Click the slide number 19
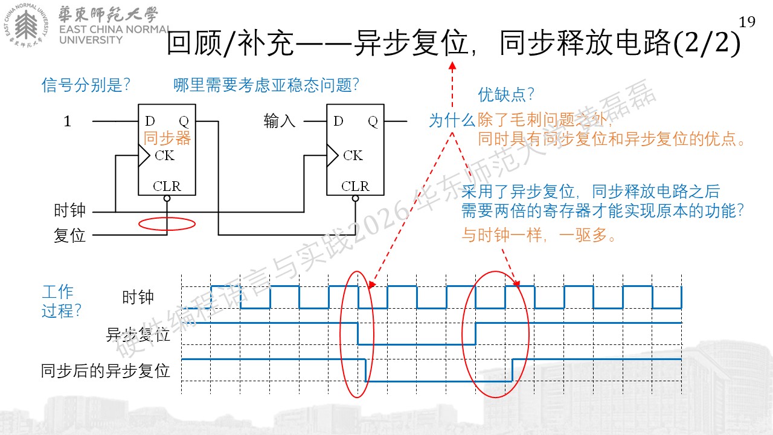[x=747, y=22]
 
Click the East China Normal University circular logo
[x=26, y=25]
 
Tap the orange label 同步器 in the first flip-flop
[x=167, y=138]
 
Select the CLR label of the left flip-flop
[x=167, y=186]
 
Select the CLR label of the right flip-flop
[x=355, y=186]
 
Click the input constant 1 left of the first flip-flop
[x=67, y=121]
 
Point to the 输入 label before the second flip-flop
[x=280, y=121]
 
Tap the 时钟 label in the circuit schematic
[x=69, y=210]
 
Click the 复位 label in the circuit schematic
[x=69, y=236]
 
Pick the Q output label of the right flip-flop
[x=373, y=121]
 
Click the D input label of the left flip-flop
[x=150, y=121]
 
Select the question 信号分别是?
[x=86, y=85]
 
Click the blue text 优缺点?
[x=506, y=95]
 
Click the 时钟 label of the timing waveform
[x=138, y=297]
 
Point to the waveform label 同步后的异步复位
[x=105, y=371]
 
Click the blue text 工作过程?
[x=61, y=301]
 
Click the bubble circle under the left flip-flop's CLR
[x=167, y=199]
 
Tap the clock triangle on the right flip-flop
[x=332, y=155]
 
